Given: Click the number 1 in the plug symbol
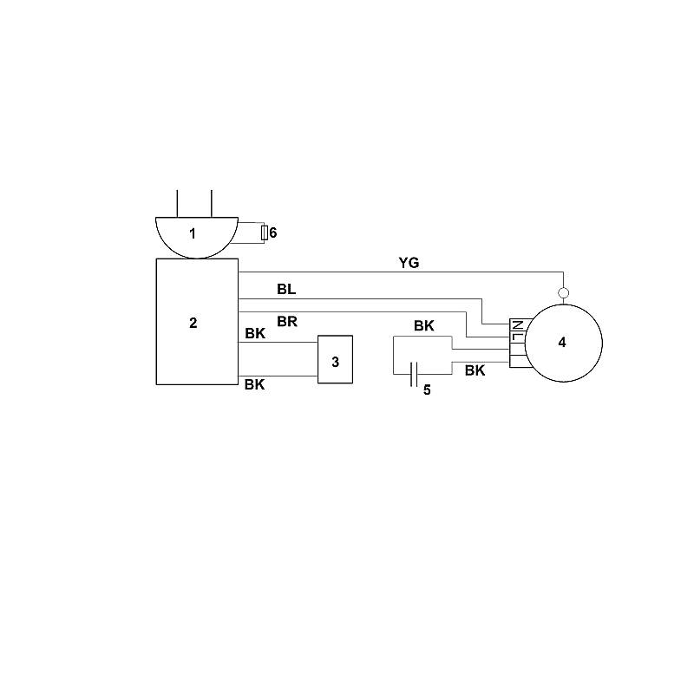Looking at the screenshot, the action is click(x=192, y=233).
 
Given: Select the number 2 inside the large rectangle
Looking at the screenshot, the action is click(x=193, y=323).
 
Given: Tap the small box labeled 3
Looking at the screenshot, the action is click(x=335, y=359).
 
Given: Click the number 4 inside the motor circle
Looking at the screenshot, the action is click(x=562, y=342).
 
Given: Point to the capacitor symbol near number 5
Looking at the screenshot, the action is click(x=414, y=374).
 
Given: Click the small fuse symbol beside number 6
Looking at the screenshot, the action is click(x=265, y=232).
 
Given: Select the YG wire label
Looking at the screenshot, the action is click(x=409, y=263).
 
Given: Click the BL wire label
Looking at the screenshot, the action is click(x=286, y=289).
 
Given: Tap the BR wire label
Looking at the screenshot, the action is click(x=287, y=321).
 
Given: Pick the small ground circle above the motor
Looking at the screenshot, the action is click(x=563, y=292).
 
